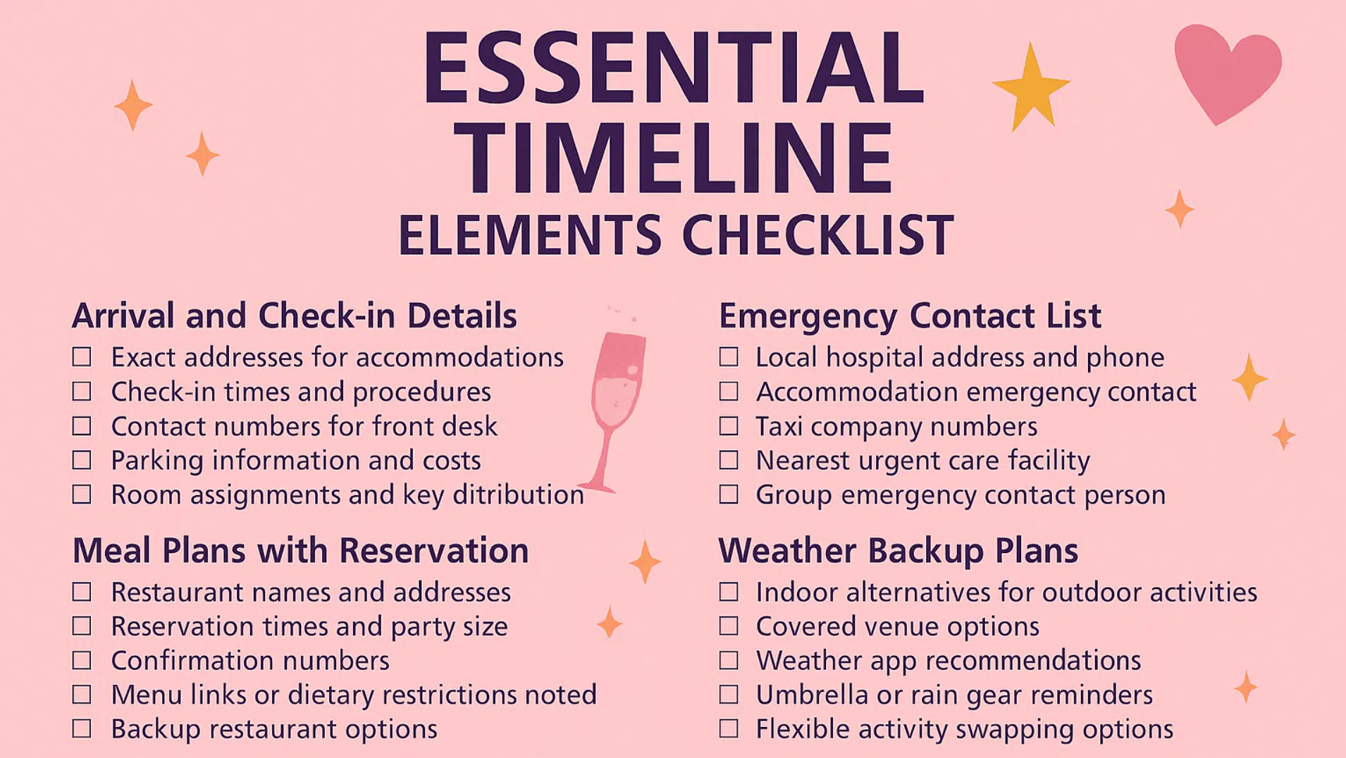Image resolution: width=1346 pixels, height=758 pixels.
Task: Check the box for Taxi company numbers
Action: pyautogui.click(x=729, y=426)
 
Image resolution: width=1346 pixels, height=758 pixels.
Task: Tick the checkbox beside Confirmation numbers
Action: pyautogui.click(x=82, y=661)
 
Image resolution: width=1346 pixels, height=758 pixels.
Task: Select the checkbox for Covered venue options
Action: pyautogui.click(x=729, y=626)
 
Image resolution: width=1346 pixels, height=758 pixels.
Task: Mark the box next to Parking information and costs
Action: pyautogui.click(x=82, y=461)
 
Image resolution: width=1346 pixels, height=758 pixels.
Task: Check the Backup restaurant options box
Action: pyautogui.click(x=82, y=728)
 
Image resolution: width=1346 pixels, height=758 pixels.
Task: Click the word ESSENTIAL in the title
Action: pyautogui.click(x=673, y=68)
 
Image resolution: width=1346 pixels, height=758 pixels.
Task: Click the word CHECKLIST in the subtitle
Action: pyautogui.click(x=817, y=235)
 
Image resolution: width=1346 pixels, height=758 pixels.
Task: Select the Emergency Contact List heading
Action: pyautogui.click(x=909, y=316)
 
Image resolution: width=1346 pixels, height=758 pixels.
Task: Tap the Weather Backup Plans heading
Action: pyautogui.click(x=898, y=550)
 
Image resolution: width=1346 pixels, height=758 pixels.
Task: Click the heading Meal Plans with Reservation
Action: pyautogui.click(x=300, y=550)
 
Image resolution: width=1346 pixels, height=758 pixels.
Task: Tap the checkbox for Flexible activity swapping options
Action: pyautogui.click(x=729, y=728)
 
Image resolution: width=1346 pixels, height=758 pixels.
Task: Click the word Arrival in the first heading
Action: pyautogui.click(x=123, y=316)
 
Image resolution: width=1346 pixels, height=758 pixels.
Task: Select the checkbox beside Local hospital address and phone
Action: pyautogui.click(x=729, y=357)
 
